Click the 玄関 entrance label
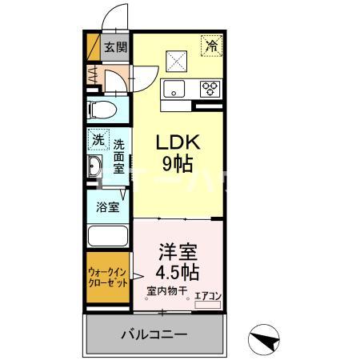(116, 47)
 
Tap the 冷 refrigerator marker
(212, 47)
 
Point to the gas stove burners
(210, 87)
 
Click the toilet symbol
(102, 109)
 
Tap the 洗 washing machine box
(97, 138)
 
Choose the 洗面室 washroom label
(118, 156)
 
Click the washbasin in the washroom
(94, 168)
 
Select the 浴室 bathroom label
(110, 206)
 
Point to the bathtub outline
(109, 236)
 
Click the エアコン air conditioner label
(208, 296)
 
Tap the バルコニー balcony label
(154, 333)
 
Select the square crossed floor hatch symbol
(176, 58)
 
